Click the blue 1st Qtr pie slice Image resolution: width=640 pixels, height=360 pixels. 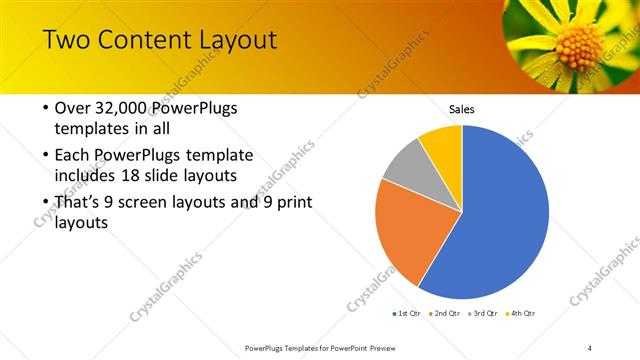505,215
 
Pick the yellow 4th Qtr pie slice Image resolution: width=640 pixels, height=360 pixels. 443,143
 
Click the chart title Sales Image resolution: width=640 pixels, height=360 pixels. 461,109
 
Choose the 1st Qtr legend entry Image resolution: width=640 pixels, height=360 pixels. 406,313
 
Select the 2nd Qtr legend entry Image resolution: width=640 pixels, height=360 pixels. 444,313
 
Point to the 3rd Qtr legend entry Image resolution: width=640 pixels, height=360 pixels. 482,313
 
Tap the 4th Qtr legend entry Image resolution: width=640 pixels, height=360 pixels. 520,313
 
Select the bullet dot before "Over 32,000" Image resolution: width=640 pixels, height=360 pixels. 45,108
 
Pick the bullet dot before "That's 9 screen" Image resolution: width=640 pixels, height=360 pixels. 45,203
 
